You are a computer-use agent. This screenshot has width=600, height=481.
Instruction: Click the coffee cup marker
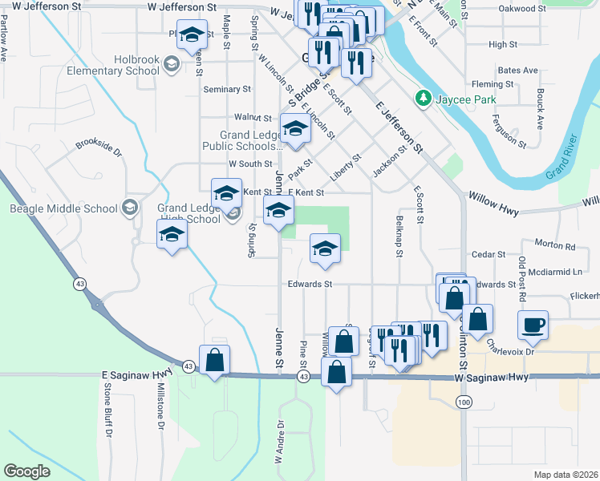coord(533,325)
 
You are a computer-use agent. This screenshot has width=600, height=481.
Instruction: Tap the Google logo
coord(26,471)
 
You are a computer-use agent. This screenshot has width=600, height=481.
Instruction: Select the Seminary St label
coord(222,90)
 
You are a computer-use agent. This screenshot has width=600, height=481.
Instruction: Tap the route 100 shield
coord(462,400)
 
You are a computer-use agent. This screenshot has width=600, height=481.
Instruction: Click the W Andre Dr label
coord(280,442)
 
